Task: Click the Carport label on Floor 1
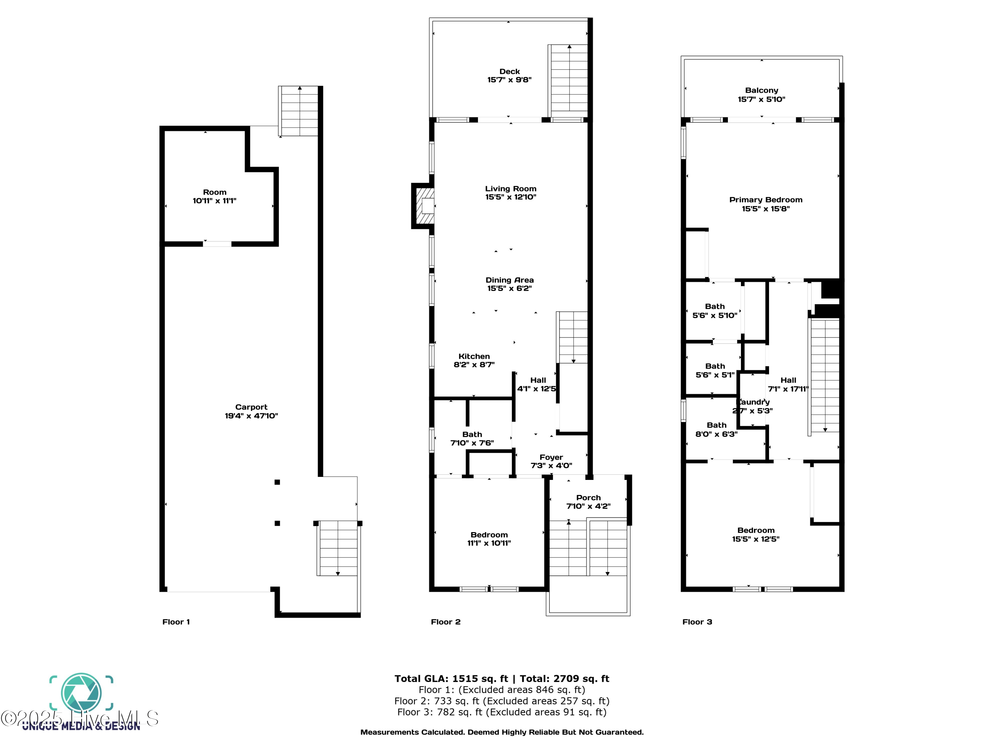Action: [251, 407]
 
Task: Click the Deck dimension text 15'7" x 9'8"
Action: [509, 80]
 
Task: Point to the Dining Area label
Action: [509, 280]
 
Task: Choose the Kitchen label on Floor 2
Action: [474, 356]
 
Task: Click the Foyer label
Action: [551, 457]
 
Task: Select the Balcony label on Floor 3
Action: [761, 90]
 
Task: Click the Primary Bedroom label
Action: [765, 200]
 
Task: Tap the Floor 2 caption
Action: [445, 622]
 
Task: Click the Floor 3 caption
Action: [697, 622]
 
